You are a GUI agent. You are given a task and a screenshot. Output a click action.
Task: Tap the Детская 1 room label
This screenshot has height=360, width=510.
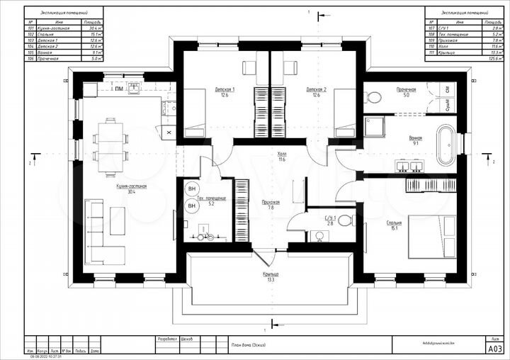pos(225,89)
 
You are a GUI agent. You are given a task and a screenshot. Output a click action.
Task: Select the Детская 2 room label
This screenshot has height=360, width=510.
pos(316,89)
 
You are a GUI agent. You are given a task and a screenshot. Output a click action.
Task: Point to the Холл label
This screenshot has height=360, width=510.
pos(282,156)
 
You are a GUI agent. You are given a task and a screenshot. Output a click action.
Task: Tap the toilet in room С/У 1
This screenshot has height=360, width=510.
pos(345,220)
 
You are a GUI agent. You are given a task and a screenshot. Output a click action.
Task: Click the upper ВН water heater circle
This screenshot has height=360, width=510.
pos(191,189)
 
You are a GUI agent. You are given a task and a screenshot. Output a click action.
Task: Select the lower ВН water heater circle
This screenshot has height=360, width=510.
pos(191,206)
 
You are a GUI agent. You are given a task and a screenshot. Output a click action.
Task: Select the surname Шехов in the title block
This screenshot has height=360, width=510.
pos(189,338)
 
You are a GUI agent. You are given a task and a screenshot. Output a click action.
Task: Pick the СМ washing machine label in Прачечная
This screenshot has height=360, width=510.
pos(448,90)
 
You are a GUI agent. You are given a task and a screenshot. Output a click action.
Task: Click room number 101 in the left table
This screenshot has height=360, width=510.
pos(30,28)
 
